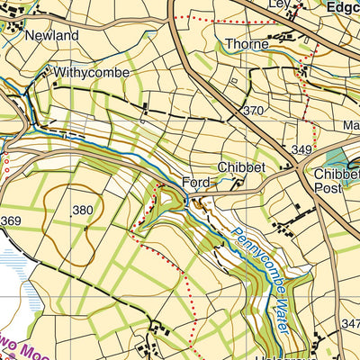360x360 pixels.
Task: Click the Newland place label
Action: click(x=52, y=35)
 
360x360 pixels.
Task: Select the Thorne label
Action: click(x=247, y=42)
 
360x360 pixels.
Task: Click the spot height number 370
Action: click(x=253, y=111)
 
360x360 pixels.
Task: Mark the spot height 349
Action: click(x=300, y=148)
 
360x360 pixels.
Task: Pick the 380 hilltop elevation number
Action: click(x=83, y=210)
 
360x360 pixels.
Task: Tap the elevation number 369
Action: click(x=11, y=221)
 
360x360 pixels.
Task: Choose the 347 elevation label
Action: click(x=350, y=322)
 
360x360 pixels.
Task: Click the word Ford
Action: click(x=198, y=182)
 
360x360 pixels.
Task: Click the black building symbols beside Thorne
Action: click(x=284, y=37)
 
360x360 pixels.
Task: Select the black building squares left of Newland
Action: click(x=13, y=27)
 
